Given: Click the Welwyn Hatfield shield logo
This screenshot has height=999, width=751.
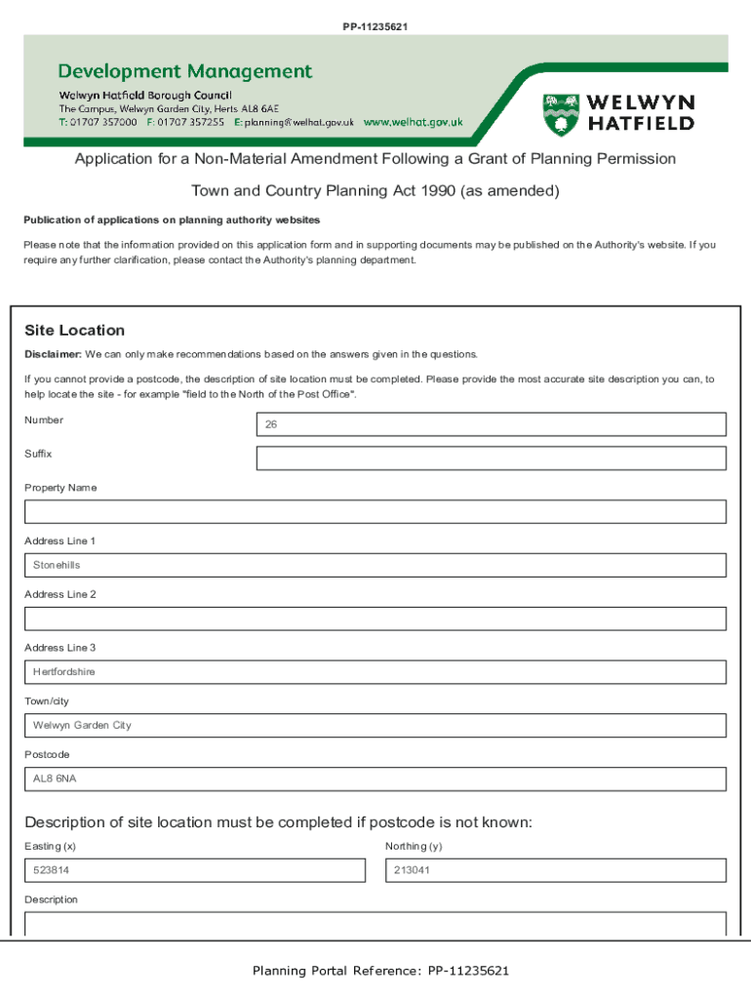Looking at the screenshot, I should coord(561,114).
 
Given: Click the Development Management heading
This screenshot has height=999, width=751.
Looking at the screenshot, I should coord(185,71).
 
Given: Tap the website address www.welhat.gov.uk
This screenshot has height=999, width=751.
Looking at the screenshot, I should coord(413,123).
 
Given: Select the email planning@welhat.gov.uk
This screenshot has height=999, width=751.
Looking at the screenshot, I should coord(298,123).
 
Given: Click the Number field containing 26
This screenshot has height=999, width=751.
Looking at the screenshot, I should coord(491,424).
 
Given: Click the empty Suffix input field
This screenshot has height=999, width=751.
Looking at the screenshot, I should coord(491,459).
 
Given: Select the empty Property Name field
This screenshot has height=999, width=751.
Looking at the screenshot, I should coord(375,512).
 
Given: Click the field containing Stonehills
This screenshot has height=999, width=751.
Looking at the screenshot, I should coord(375,566).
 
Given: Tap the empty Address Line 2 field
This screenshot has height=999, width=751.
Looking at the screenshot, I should coord(375,619).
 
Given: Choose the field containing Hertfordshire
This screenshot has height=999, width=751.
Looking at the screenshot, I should coord(375,672).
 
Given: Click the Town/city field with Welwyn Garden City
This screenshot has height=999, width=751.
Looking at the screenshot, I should coord(375,726).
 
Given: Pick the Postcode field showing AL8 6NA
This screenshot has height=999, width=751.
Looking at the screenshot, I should coord(375,779).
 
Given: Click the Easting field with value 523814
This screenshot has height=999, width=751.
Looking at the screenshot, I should coord(194,870).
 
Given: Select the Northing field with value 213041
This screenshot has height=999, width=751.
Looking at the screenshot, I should coord(556,870).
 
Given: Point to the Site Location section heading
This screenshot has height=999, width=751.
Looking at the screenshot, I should coord(74,331).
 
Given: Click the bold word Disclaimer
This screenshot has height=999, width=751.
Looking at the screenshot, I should coord(53,354).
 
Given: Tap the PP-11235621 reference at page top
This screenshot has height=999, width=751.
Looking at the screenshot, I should coord(375,26).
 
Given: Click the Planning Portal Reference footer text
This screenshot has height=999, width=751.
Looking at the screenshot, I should coord(380,971).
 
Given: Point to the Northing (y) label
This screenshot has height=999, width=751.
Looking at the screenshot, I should coord(414,846).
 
